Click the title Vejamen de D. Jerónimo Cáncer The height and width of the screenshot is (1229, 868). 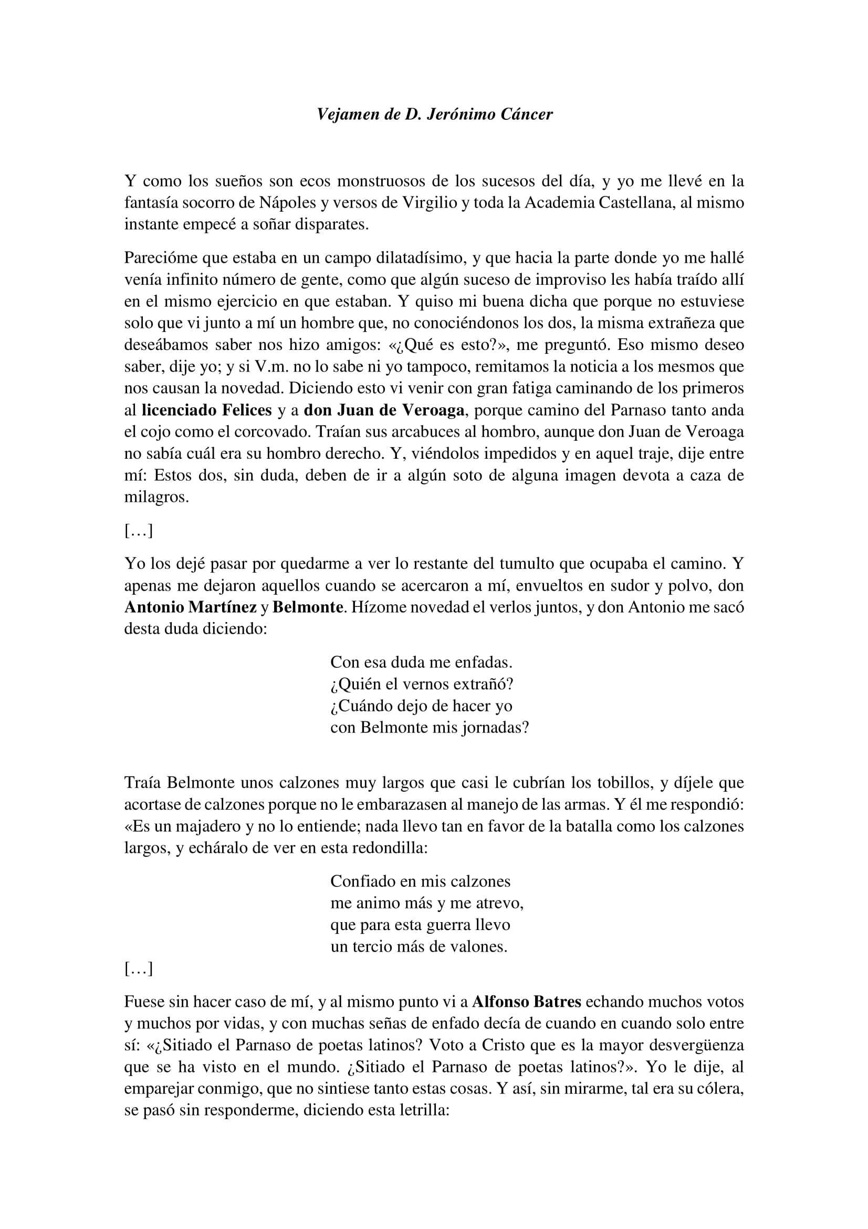(434, 114)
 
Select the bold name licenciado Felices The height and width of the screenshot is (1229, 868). (206, 410)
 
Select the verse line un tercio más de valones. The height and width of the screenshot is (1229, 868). (419, 946)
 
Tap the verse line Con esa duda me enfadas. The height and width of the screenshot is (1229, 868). (422, 662)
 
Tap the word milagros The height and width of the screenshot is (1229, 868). (156, 497)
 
